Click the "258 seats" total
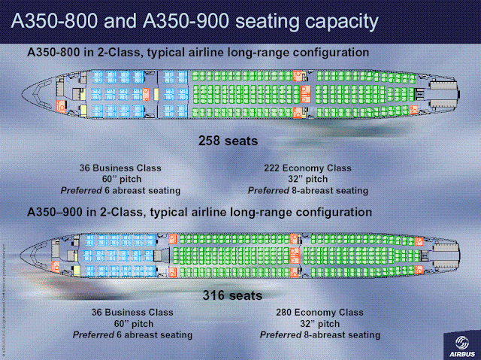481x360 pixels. [x=230, y=141]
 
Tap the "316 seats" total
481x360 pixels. [x=234, y=295]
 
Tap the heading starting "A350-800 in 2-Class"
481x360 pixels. [x=198, y=53]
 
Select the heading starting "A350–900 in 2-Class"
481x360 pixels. [x=199, y=213]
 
